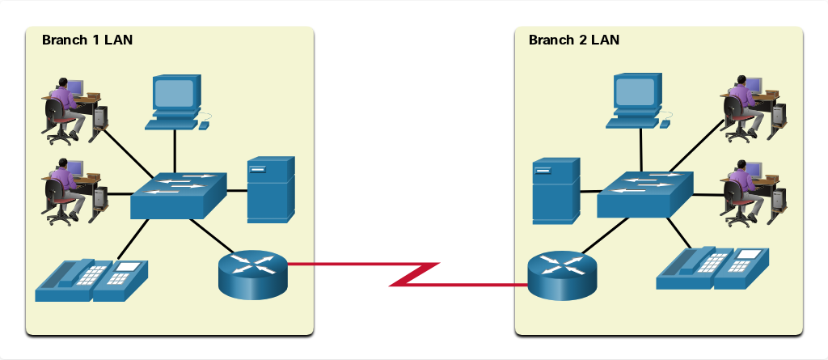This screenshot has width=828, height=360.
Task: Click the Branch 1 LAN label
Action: (87, 40)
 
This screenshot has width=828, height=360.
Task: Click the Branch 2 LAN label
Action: (574, 40)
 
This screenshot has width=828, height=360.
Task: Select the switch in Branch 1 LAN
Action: (179, 195)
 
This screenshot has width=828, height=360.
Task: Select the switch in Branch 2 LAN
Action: (644, 194)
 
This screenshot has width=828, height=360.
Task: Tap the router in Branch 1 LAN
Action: (253, 275)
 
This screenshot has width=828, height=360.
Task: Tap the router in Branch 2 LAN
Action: (562, 275)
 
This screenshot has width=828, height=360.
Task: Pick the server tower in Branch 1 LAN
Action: (271, 190)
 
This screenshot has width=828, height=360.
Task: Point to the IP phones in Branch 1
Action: (91, 280)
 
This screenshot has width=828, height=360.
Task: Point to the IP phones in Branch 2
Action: (712, 268)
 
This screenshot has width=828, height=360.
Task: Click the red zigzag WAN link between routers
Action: (408, 273)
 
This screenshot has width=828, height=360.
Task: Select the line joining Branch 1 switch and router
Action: (211, 235)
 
